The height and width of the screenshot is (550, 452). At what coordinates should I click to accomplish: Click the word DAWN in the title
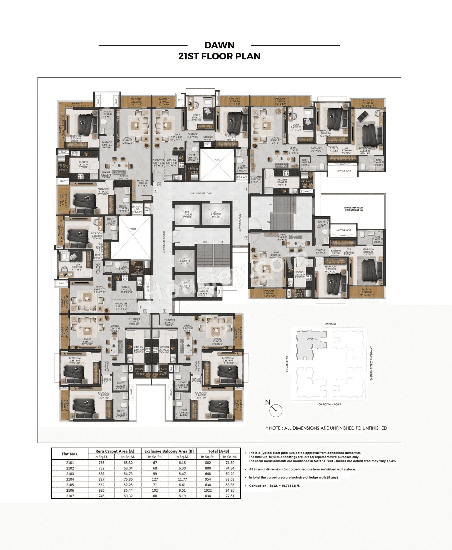click(x=219, y=45)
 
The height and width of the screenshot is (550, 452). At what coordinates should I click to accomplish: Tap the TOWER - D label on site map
click(x=311, y=339)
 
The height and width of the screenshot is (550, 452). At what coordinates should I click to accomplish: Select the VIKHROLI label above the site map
click(x=330, y=323)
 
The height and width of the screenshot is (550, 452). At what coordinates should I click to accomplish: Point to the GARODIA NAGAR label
click(x=330, y=404)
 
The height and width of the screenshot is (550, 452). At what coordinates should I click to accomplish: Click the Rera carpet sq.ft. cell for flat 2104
click(x=101, y=479)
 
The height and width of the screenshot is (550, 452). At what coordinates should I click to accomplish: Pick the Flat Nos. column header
click(x=70, y=454)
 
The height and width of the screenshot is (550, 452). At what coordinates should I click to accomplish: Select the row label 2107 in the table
click(x=70, y=496)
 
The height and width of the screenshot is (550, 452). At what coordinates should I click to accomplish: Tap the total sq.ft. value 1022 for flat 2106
click(x=208, y=490)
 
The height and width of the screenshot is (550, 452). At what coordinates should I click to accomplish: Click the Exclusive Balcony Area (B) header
click(x=169, y=451)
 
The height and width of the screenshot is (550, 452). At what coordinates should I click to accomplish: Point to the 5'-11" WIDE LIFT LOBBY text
click(x=201, y=193)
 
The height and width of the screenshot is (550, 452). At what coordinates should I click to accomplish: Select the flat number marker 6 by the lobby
click(x=246, y=188)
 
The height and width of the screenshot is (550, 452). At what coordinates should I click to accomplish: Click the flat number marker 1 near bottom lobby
click(x=165, y=311)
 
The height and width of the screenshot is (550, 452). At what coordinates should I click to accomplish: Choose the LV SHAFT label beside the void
click(x=242, y=177)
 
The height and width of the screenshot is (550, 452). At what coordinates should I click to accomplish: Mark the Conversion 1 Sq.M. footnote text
click(x=274, y=486)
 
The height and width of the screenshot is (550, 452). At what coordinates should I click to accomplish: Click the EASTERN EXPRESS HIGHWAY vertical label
click(x=371, y=363)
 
